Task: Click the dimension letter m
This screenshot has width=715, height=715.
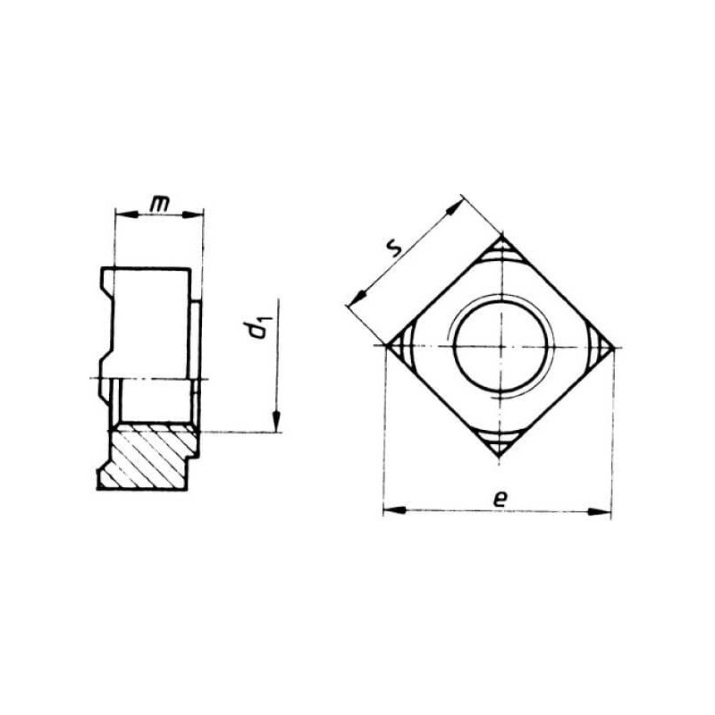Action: pyautogui.click(x=159, y=206)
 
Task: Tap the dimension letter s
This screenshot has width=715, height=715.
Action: pyautogui.click(x=393, y=249)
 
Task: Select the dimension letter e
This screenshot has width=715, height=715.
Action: pyautogui.click(x=500, y=499)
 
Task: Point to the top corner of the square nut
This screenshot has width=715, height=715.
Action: pyautogui.click(x=501, y=235)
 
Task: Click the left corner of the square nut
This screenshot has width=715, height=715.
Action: pyautogui.click(x=387, y=347)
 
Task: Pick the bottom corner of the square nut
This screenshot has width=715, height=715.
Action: pyautogui.click(x=500, y=458)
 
